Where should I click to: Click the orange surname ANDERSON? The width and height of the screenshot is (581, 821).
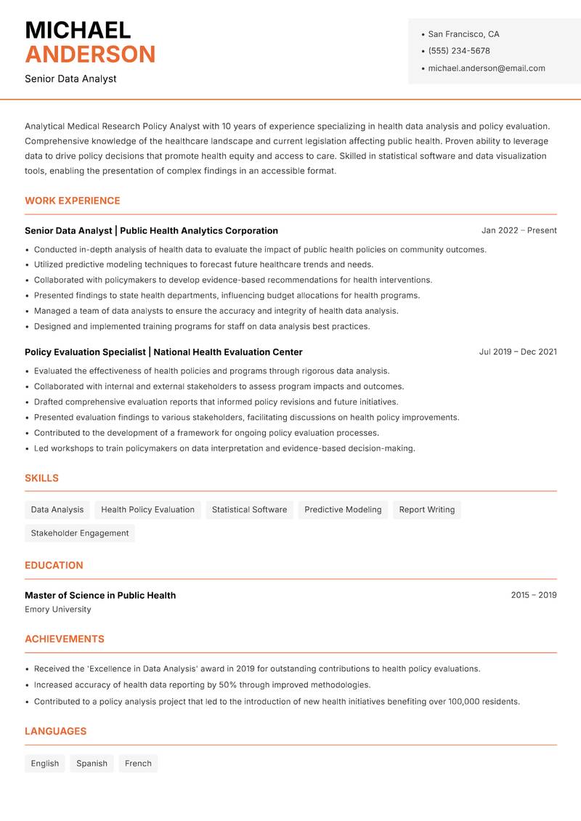90,54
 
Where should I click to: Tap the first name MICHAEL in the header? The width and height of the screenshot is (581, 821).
78,30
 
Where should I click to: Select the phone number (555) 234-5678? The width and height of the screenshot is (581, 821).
459,51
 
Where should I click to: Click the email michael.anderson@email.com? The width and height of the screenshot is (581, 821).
486,68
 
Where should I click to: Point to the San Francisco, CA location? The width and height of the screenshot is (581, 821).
463,34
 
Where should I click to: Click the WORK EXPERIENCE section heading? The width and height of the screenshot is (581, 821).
73,201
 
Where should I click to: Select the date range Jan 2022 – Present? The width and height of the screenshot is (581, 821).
519,230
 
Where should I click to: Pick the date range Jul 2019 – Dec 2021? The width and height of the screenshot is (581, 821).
518,352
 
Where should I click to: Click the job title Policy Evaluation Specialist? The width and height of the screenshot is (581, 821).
85,352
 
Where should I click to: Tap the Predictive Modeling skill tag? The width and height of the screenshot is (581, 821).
343,509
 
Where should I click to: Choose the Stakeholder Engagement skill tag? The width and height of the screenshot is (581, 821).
80,533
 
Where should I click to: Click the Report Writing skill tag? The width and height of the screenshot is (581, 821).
427,509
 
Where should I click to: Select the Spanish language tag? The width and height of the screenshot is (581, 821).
92,763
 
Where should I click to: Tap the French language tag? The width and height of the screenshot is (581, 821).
138,763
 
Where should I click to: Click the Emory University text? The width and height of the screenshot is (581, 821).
58,610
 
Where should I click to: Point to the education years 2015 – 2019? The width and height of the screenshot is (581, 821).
533,595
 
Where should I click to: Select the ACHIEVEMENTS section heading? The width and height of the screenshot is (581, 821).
65,639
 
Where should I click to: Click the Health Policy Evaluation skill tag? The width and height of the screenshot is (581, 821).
147,509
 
